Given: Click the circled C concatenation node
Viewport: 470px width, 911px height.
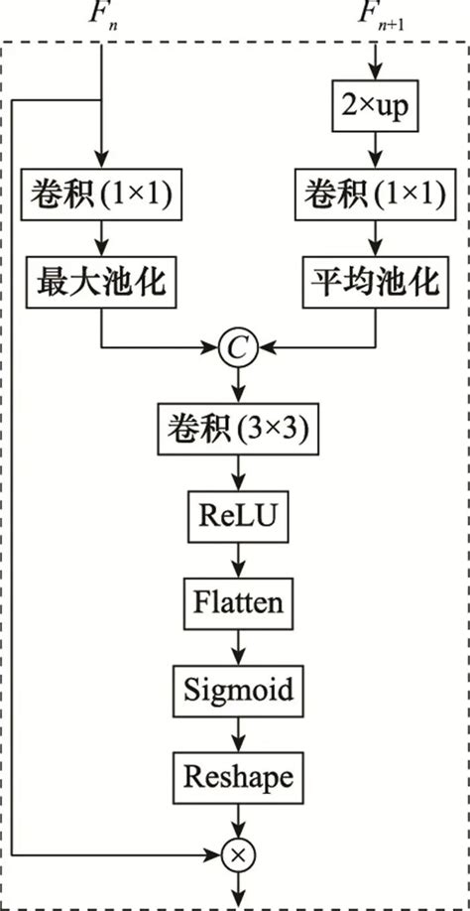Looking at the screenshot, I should [238, 348].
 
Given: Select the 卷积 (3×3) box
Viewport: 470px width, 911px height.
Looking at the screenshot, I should [238, 429].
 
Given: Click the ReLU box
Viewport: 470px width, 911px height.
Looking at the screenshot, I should [238, 515].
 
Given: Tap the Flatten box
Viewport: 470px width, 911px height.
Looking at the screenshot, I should [238, 601].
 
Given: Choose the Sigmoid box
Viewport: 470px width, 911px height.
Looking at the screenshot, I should [238, 688].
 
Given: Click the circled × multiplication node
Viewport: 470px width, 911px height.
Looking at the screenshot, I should [238, 851].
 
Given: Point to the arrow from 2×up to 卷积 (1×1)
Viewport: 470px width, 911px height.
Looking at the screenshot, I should [375, 151].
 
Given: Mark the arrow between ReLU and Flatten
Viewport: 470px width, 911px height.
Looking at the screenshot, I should [238, 558].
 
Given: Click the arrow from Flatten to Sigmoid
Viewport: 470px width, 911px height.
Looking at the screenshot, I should [238, 644].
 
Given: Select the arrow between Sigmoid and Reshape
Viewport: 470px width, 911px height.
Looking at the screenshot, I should [238, 730].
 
